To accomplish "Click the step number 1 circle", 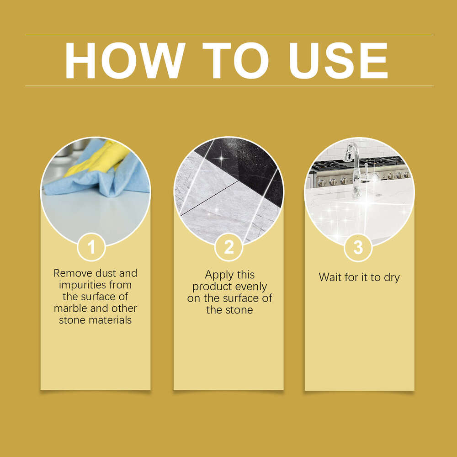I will (91, 247).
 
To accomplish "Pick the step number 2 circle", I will (228, 247).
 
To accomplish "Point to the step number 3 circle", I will (358, 247).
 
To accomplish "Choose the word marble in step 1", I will (70, 308).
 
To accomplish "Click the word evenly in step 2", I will (250, 287).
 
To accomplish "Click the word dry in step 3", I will (391, 277).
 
